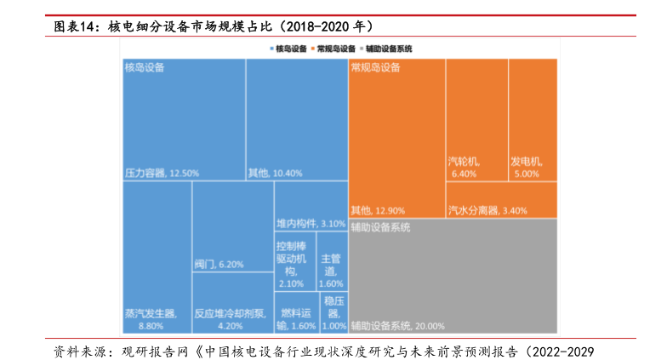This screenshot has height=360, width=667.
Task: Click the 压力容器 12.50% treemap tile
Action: pos(184,119)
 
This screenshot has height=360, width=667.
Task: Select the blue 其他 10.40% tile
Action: pos(296,119)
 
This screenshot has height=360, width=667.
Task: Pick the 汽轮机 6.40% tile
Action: pos(476,119)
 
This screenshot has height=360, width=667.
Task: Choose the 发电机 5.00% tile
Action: pos(533,119)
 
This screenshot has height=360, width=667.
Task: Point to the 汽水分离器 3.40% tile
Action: pos(501,200)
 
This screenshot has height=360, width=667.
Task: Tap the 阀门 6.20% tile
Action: pos(231,226)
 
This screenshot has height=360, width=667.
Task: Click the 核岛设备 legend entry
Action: pos(288,49)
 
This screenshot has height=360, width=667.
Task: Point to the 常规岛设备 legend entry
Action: pos(334,49)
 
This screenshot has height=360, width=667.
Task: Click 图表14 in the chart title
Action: pos(76,26)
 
